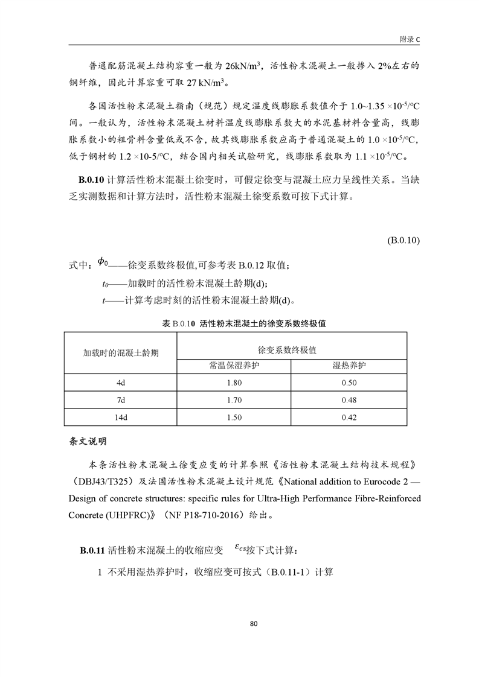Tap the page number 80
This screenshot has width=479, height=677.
click(x=239, y=623)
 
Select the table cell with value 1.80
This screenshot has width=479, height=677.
click(x=233, y=383)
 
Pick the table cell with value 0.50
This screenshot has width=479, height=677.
click(x=349, y=383)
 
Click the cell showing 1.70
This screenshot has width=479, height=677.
click(x=233, y=399)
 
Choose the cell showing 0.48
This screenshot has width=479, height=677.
click(x=349, y=399)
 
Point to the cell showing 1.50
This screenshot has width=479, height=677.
click(x=233, y=417)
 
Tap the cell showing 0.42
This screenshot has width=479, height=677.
click(x=349, y=417)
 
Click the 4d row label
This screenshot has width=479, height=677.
click(x=121, y=383)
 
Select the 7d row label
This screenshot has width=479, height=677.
click(x=121, y=399)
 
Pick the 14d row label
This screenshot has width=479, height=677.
click(x=121, y=417)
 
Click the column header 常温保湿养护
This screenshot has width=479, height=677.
click(x=233, y=366)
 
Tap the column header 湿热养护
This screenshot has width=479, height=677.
click(x=349, y=366)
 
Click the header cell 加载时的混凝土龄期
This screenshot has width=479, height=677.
click(x=121, y=353)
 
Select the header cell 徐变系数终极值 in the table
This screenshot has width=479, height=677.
click(x=291, y=349)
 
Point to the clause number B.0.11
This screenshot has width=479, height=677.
click(x=92, y=551)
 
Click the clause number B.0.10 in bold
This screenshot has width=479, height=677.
click(x=92, y=179)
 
